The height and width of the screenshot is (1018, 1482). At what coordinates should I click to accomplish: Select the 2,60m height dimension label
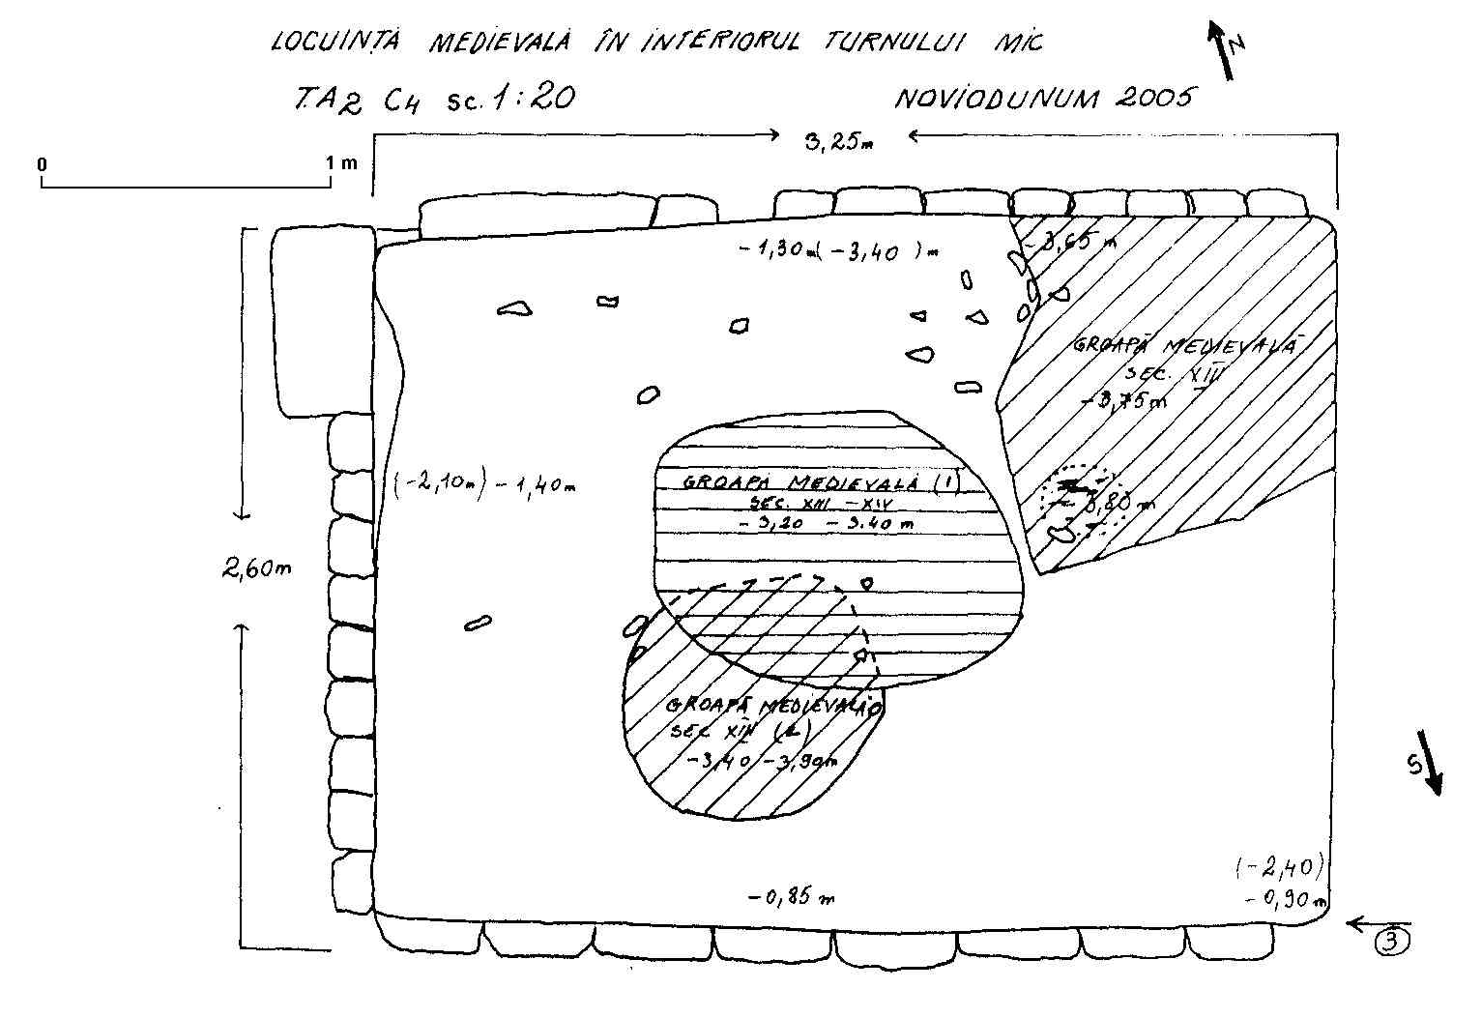tap(256, 569)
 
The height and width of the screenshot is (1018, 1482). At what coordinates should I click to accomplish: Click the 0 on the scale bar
tap(43, 165)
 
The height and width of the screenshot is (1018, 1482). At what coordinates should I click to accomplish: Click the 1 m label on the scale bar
tap(341, 163)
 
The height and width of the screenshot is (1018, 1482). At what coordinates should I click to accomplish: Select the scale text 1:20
tap(531, 100)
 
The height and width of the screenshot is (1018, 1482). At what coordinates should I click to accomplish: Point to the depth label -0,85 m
tap(791, 898)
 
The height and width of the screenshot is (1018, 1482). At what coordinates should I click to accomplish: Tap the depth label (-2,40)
tap(1278, 866)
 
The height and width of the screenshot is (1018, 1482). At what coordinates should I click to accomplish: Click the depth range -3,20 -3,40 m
tap(826, 524)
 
